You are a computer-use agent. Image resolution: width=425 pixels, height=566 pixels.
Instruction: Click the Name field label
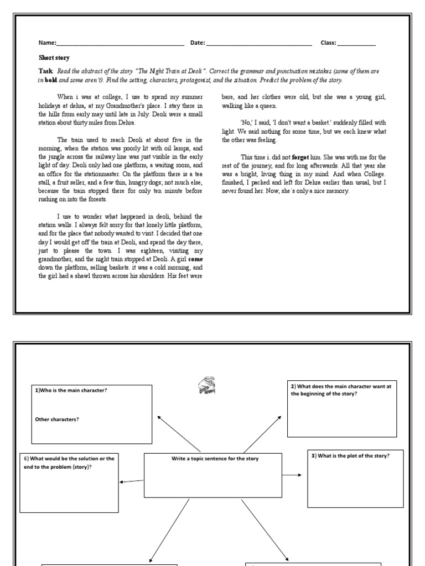tap(47, 43)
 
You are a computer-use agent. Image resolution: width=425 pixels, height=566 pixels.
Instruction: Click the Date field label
tap(198, 43)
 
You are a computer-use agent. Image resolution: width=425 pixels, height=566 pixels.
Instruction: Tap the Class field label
tap(328, 43)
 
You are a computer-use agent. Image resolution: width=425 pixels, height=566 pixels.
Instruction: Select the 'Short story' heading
tap(54, 57)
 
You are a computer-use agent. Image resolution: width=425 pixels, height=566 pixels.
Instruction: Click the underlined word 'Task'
tap(45, 72)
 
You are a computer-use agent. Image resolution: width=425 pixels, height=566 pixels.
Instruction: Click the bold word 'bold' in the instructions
tap(51, 80)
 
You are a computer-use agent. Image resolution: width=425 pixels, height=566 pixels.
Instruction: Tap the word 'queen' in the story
tap(267, 106)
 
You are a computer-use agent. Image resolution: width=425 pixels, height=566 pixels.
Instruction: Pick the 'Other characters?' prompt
tap(57, 419)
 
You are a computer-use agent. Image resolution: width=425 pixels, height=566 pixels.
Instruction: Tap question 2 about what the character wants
tap(340, 390)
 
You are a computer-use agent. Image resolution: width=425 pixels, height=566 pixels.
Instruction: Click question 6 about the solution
tap(69, 463)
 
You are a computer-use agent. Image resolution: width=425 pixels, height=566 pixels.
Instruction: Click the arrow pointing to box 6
tap(132, 481)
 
